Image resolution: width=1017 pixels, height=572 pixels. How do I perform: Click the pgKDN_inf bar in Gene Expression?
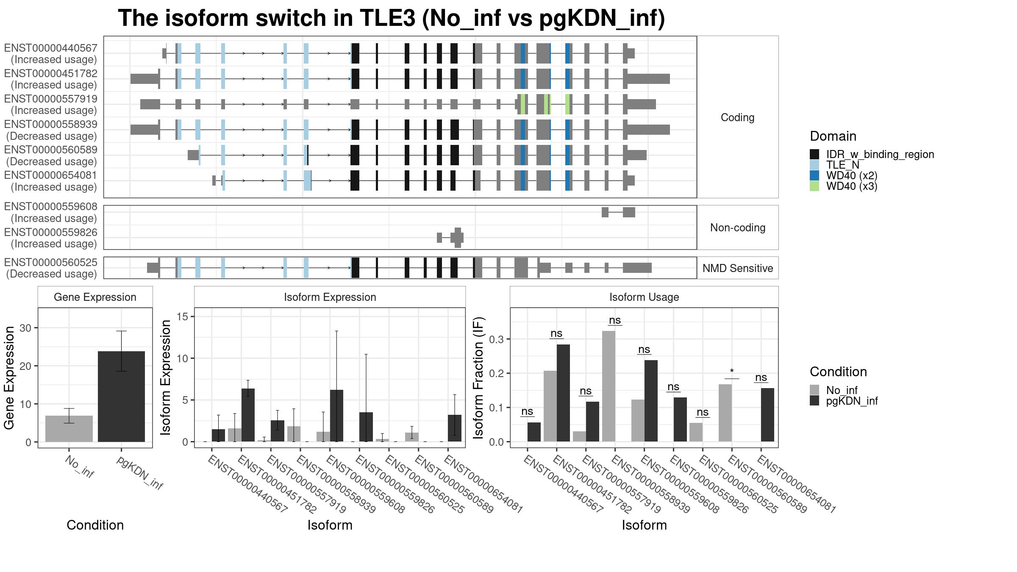coord(121,397)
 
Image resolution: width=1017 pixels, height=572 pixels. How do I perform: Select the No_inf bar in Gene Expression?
coord(69,429)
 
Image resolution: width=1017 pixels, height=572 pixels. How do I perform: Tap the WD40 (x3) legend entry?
coord(843,186)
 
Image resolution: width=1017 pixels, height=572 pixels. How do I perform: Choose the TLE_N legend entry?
coord(834,165)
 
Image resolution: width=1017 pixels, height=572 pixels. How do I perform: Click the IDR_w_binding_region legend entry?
coord(872,154)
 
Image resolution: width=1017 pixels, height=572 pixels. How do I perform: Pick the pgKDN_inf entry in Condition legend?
coord(844,401)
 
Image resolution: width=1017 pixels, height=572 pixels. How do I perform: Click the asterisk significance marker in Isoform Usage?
coord(732,372)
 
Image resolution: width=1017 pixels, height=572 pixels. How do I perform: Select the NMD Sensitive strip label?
coord(738,268)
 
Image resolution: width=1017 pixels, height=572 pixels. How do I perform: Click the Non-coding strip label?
coord(738,228)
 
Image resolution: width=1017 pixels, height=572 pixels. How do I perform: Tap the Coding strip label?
coord(738,117)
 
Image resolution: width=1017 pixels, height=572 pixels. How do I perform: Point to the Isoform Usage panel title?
coord(644,297)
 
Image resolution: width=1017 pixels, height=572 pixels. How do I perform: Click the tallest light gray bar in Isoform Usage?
coord(609,386)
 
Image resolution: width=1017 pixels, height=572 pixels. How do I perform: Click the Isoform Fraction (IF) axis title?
coord(478,378)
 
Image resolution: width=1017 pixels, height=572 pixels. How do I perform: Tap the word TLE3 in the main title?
coord(388,18)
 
